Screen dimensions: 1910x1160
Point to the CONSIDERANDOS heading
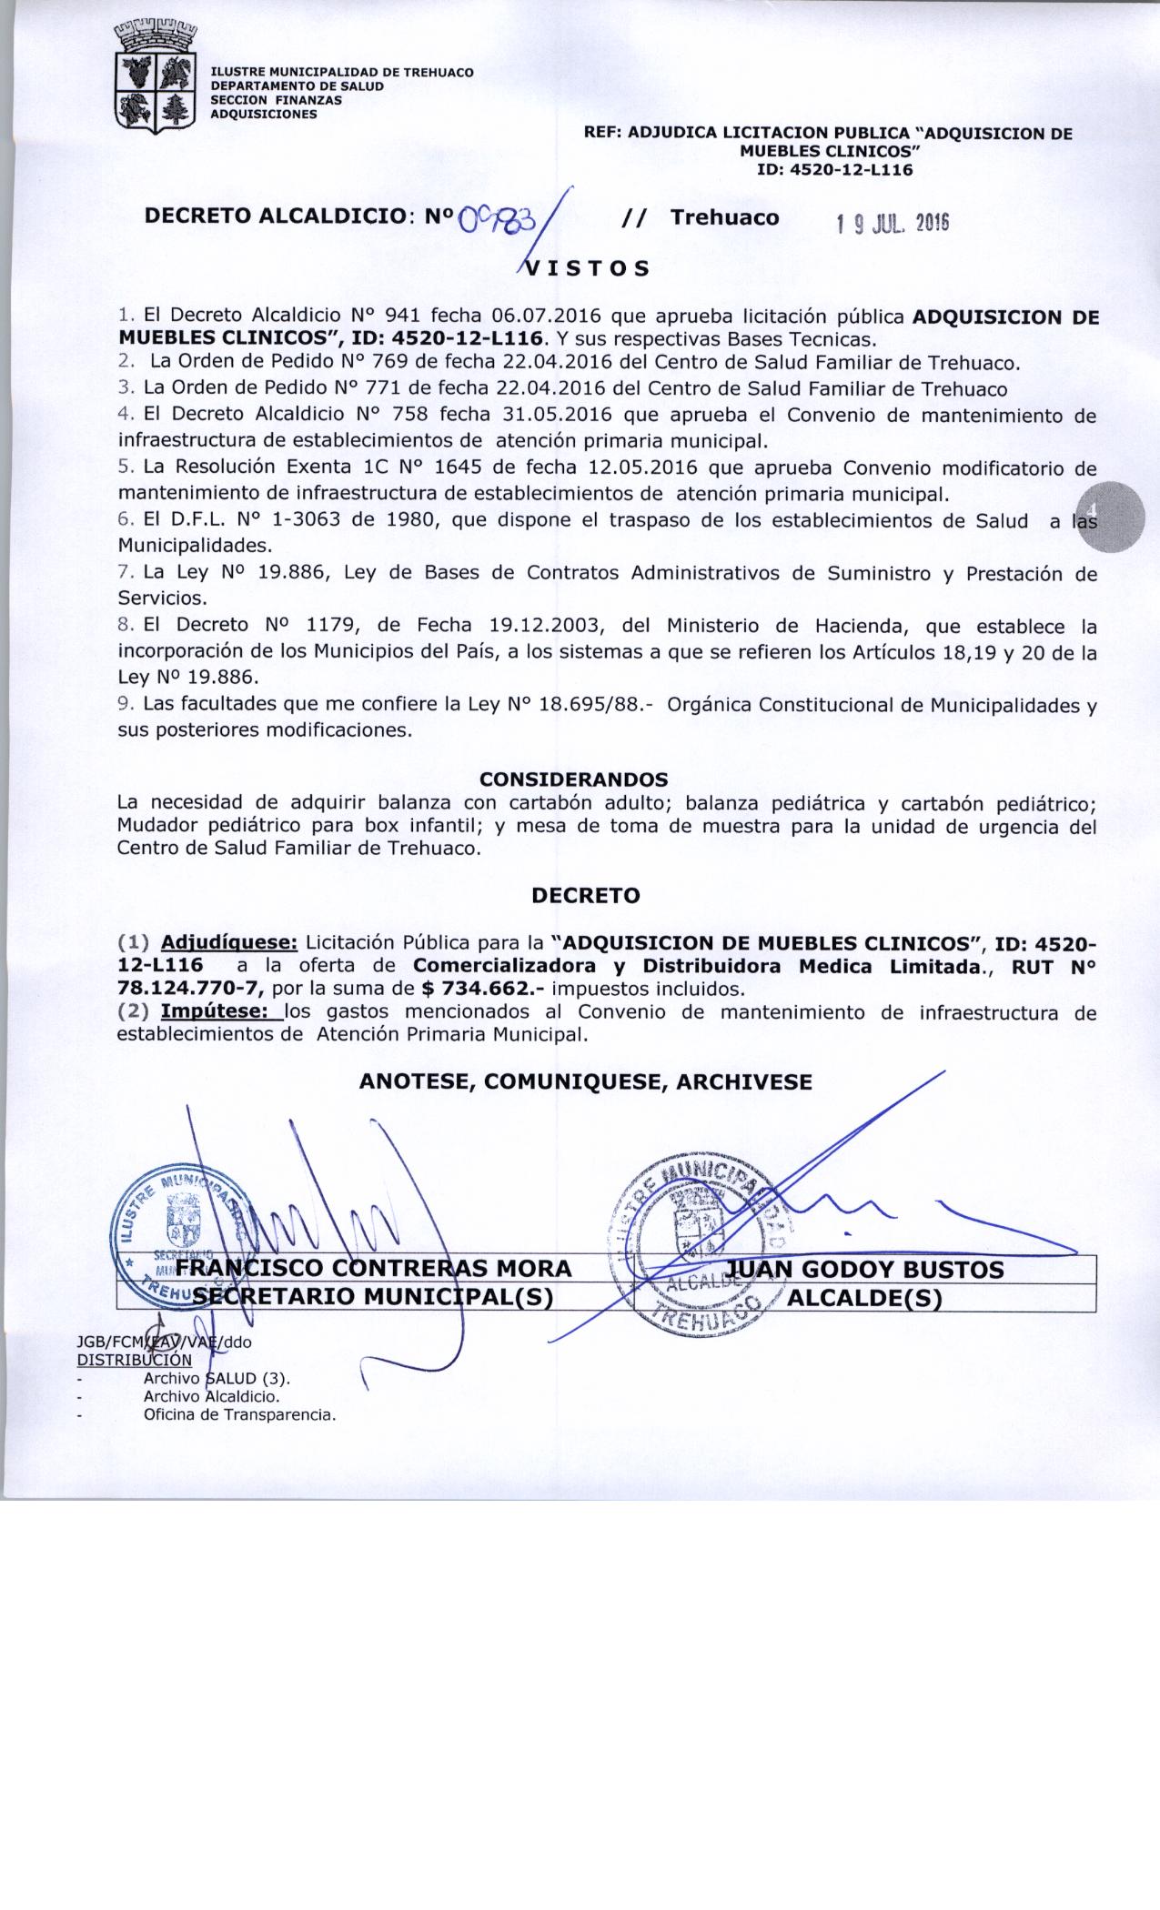tap(573, 779)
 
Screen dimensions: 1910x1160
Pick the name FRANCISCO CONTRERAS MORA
tap(373, 1269)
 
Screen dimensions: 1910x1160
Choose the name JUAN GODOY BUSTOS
tap(865, 1269)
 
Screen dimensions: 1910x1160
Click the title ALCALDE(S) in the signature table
tap(863, 1298)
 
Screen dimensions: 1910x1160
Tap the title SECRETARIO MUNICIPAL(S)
tap(373, 1298)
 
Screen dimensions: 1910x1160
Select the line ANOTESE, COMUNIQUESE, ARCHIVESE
tap(585, 1081)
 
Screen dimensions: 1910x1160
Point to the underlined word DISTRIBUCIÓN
tap(134, 1360)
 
